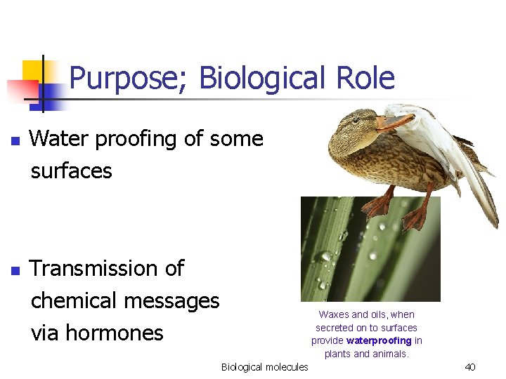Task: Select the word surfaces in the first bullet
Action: click(x=71, y=171)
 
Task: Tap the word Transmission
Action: click(x=107, y=268)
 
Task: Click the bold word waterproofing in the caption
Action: click(x=379, y=340)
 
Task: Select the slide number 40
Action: click(x=470, y=367)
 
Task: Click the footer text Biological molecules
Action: click(x=264, y=367)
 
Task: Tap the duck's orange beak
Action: click(x=394, y=123)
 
